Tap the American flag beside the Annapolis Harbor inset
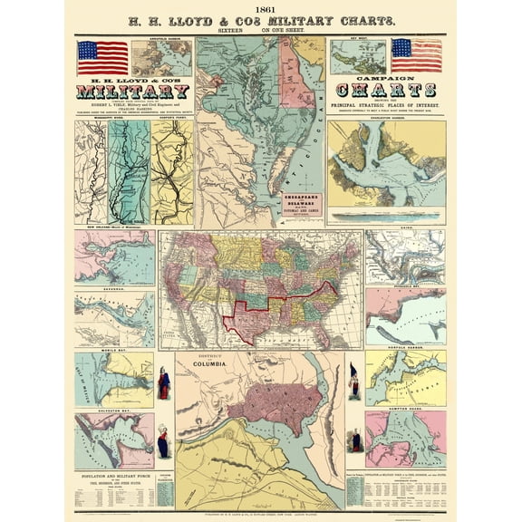pyautogui.click(x=102, y=56)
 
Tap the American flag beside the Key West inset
pyautogui.click(x=416, y=55)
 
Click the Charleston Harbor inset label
pyautogui.click(x=387, y=117)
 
